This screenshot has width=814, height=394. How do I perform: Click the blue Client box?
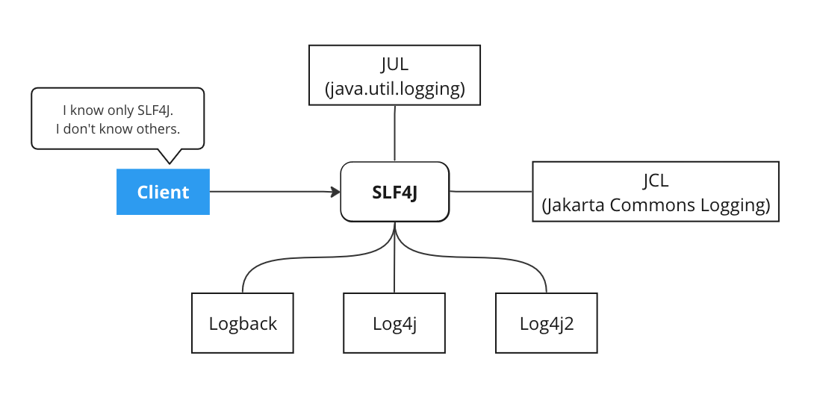coord(163,192)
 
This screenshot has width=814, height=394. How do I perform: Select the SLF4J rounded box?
coord(395,192)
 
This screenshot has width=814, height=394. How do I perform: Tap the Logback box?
coord(243,323)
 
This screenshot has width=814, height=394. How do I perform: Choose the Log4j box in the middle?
coord(394,323)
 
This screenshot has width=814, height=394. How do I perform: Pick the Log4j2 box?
coord(547,323)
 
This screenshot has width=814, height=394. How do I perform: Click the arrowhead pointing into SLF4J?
coord(335,192)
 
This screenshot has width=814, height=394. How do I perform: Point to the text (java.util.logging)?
coord(394,89)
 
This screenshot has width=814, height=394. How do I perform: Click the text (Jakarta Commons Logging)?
coord(655,205)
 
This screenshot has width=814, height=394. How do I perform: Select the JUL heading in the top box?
coord(394,65)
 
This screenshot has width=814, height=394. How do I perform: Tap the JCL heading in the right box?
coord(655,181)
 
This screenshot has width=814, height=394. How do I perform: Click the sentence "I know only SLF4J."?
coord(118,110)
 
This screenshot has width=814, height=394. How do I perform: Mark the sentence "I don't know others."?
coord(118,129)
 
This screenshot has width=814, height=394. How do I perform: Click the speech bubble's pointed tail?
coord(171,156)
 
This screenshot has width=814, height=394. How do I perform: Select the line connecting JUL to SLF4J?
coord(394,133)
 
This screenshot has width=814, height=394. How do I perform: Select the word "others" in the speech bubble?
coord(156,129)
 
